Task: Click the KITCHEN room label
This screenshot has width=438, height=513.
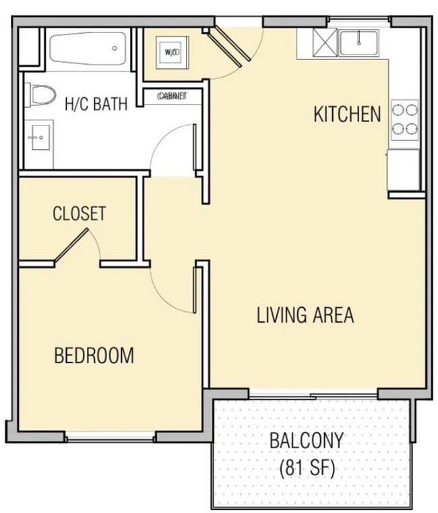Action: (347, 114)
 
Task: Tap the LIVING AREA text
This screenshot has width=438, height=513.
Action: (305, 315)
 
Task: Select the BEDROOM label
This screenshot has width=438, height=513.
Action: (94, 355)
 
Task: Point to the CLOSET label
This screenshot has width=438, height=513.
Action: (80, 213)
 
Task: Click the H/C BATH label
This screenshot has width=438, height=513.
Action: (96, 105)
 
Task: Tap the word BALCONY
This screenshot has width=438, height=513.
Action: (307, 441)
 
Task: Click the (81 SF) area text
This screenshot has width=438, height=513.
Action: (307, 467)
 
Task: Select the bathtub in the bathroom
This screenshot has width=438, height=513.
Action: (87, 49)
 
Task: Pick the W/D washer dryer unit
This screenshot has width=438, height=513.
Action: (170, 51)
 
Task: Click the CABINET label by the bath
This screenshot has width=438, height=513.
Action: (172, 97)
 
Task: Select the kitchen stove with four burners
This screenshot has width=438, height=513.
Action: (404, 119)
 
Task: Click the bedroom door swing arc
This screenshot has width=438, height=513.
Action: (172, 290)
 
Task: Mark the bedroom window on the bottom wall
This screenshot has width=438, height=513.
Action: (111, 438)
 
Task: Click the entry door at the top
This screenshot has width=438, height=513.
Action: (236, 47)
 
